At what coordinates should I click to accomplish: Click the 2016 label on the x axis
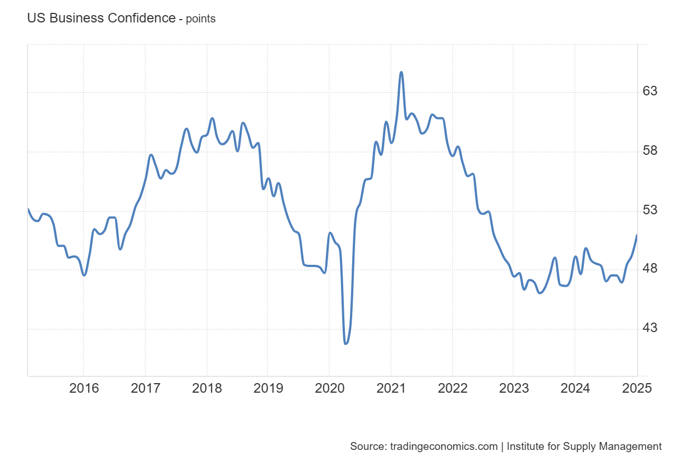(84, 388)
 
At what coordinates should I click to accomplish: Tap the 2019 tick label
(268, 388)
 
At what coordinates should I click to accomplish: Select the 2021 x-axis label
(390, 388)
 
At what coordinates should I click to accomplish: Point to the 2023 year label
(513, 388)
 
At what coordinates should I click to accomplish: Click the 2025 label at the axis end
(636, 388)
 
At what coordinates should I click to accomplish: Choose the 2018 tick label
(206, 388)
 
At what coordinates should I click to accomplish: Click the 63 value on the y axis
(649, 91)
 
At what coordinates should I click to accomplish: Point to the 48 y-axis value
(649, 269)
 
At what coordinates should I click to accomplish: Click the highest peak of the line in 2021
(401, 72)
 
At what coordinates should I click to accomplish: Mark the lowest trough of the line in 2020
(345, 343)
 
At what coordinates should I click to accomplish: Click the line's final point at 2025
(637, 235)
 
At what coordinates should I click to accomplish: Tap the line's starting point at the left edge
(28, 209)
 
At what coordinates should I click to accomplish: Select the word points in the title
(201, 19)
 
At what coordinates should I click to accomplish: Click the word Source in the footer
(366, 447)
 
